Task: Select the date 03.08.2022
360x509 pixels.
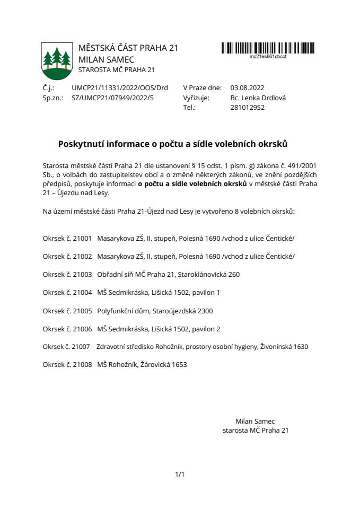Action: pyautogui.click(x=247, y=88)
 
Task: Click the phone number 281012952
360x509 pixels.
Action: pyautogui.click(x=248, y=107)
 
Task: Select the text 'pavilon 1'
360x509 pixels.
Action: pyautogui.click(x=206, y=293)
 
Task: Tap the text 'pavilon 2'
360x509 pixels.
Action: pyautogui.click(x=206, y=329)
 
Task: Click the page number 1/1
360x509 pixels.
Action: pyautogui.click(x=180, y=474)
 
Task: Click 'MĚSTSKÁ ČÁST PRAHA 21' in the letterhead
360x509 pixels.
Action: pyautogui.click(x=128, y=48)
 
